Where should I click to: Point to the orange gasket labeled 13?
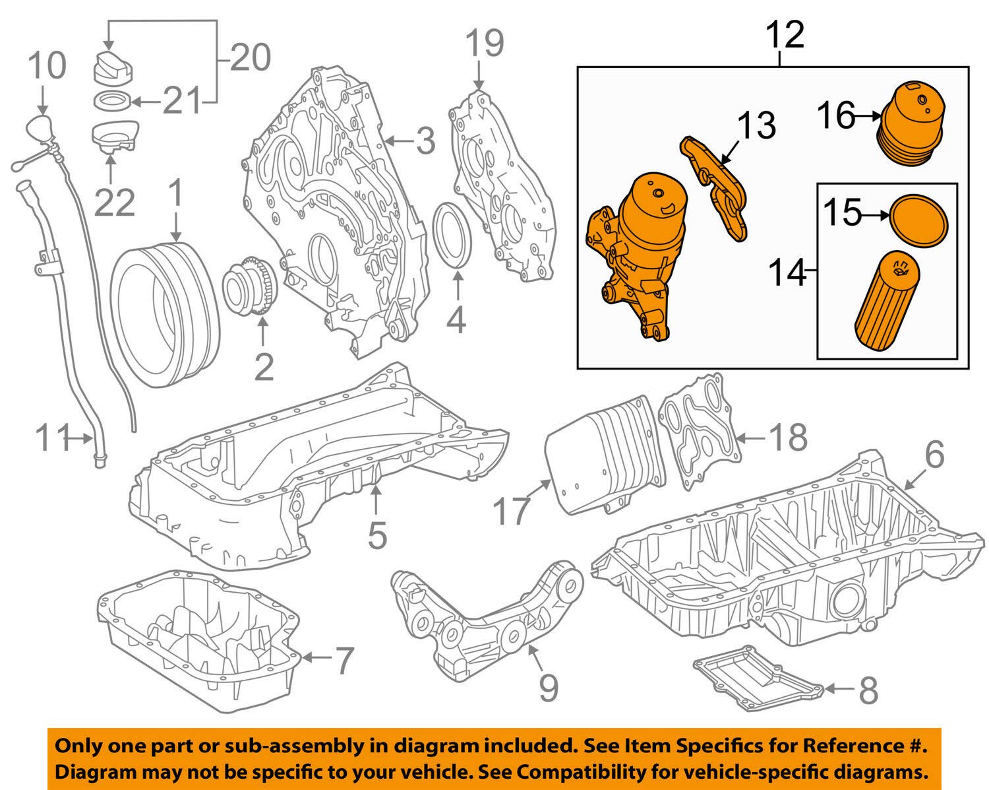(716, 191)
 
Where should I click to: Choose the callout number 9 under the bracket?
(548, 686)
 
